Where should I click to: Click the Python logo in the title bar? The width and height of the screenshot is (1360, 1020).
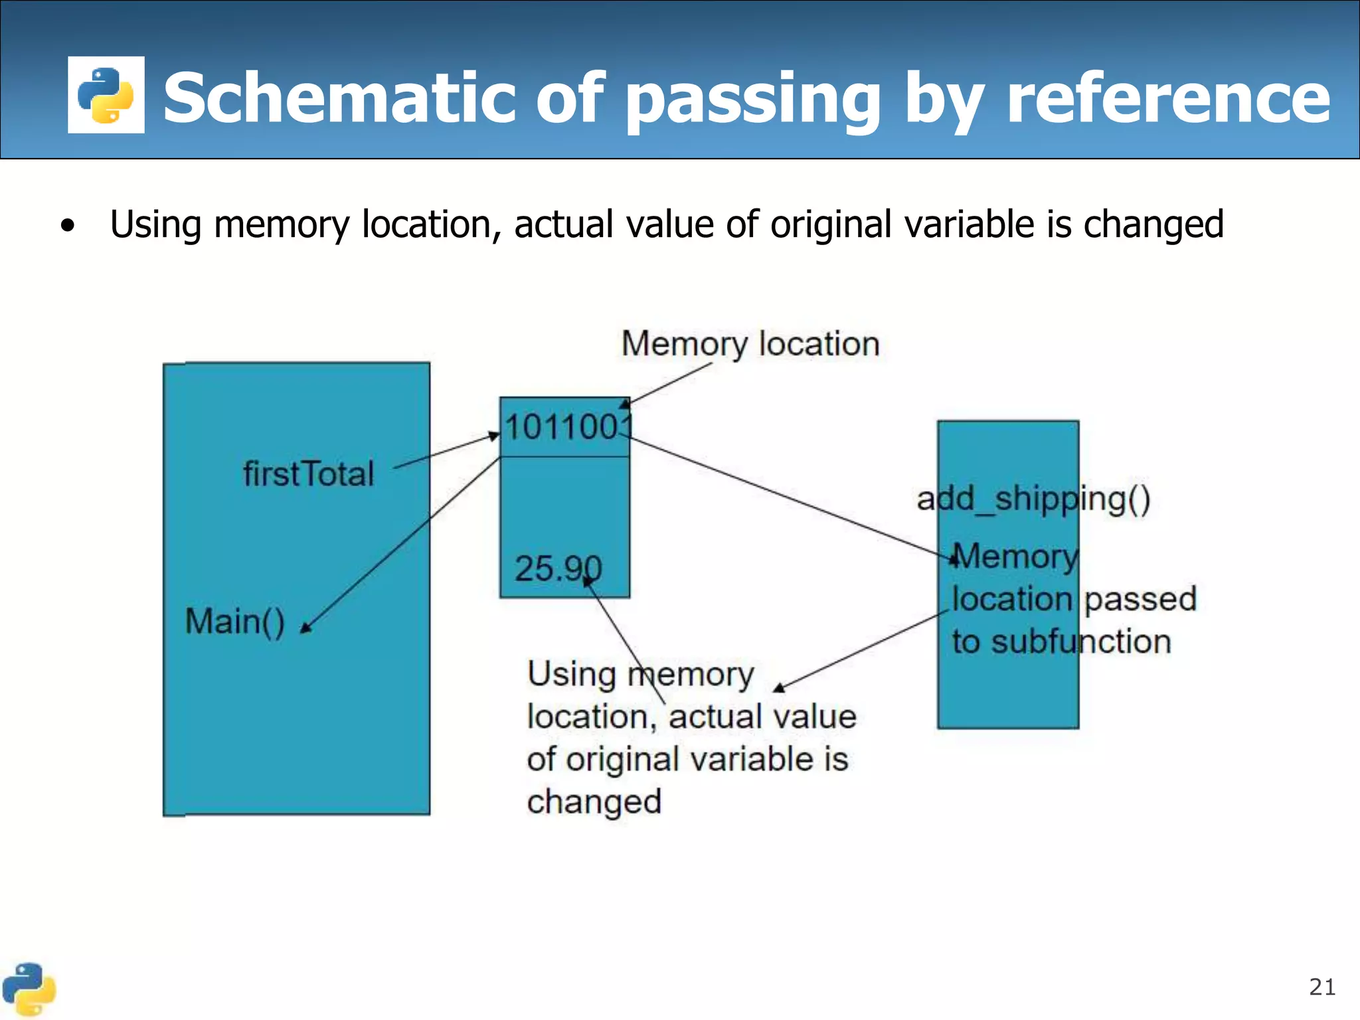pos(106,95)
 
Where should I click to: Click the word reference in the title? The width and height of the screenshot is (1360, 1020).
pos(1168,98)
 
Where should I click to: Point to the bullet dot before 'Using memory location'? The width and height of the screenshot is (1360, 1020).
pos(67,226)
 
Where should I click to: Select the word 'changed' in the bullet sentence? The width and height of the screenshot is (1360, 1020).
pos(1153,224)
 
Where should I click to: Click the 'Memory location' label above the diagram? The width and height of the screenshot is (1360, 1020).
pos(750,344)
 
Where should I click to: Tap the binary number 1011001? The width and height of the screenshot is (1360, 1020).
pos(566,426)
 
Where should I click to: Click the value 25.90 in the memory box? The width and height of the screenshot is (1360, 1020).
pos(558,568)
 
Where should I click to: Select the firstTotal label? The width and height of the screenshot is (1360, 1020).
pos(309,474)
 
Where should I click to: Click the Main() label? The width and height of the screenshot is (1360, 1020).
pos(235,622)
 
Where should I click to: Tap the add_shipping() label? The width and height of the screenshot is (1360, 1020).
pos(1033,499)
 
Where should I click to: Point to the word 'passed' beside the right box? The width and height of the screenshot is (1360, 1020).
pos(1140,599)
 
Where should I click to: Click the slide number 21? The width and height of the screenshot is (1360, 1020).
pos(1321,987)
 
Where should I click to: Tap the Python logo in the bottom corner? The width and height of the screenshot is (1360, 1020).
pos(28,989)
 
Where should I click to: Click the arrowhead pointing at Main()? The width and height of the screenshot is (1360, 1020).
pos(305,628)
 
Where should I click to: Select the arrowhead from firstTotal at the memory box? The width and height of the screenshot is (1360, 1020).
pos(494,436)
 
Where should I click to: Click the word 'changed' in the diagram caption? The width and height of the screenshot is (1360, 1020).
pos(594,802)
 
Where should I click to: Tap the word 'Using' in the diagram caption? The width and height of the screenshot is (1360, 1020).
pos(571,674)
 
